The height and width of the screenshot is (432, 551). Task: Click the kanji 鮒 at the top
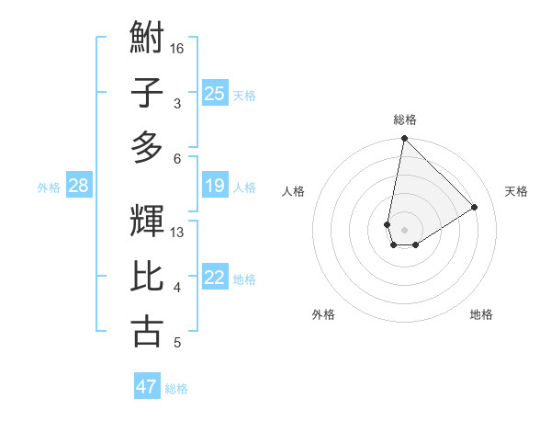click(148, 40)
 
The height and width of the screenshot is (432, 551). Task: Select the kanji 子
click(148, 92)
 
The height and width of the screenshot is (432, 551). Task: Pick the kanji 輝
click(148, 221)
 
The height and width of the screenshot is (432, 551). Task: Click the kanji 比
click(148, 276)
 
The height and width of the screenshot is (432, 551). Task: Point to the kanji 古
click(148, 330)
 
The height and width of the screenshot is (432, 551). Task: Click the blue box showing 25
click(215, 93)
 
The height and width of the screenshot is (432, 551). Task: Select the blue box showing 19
click(215, 187)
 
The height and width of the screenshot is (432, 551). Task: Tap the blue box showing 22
click(215, 279)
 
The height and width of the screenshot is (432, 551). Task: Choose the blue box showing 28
click(79, 187)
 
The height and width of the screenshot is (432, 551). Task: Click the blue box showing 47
click(147, 387)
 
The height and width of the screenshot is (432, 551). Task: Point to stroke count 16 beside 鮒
click(177, 48)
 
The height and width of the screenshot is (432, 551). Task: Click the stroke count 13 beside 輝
click(177, 232)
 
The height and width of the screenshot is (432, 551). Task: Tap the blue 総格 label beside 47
click(176, 388)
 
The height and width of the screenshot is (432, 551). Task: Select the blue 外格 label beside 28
click(49, 188)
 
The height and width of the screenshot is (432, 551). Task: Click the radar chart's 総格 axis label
click(404, 119)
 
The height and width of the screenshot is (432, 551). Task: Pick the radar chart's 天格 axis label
click(516, 191)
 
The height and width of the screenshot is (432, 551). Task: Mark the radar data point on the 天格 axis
click(475, 208)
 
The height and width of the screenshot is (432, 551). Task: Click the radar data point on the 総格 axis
click(404, 139)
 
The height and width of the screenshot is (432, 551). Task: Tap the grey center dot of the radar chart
click(404, 228)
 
